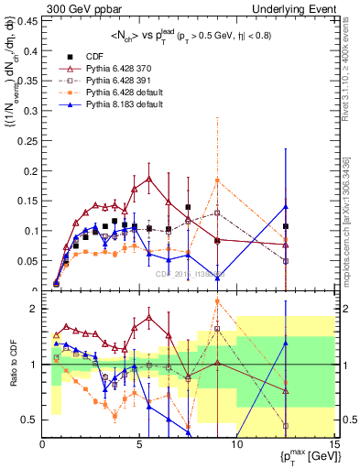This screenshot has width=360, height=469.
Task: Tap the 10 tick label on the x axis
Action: (x=236, y=443)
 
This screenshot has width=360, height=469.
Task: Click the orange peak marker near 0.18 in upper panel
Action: (x=217, y=180)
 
